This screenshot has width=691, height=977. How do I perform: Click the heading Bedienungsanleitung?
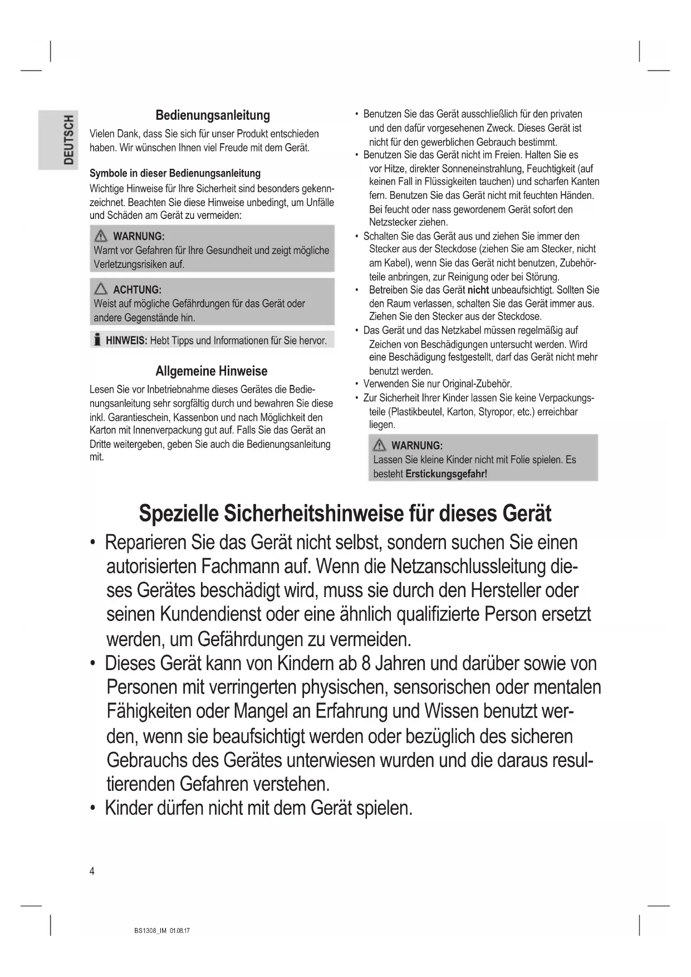tap(212, 115)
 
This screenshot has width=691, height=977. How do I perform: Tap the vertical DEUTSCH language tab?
tap(68, 140)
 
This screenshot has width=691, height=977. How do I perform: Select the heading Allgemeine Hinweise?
tap(211, 371)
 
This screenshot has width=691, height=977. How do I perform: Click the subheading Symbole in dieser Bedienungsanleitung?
tap(175, 173)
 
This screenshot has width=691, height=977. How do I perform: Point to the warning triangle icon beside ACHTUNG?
tap(101, 289)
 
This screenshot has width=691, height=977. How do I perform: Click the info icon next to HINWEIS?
tap(97, 340)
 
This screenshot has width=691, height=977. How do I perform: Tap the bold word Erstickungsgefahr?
tap(446, 474)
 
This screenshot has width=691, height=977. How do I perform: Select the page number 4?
tap(92, 871)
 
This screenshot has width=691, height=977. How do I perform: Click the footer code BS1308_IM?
tap(150, 931)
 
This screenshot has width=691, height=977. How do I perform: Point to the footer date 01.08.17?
tap(180, 931)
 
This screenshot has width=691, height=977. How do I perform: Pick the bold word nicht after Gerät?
tap(478, 290)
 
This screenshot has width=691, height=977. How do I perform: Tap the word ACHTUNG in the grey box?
tap(137, 290)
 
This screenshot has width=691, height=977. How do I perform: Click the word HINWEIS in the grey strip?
tap(126, 340)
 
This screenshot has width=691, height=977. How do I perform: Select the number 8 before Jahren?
tap(365, 663)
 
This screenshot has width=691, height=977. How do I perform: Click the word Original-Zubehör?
tap(477, 384)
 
